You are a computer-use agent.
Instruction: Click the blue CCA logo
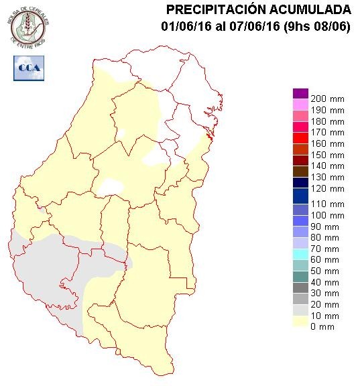[x=27, y=68]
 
